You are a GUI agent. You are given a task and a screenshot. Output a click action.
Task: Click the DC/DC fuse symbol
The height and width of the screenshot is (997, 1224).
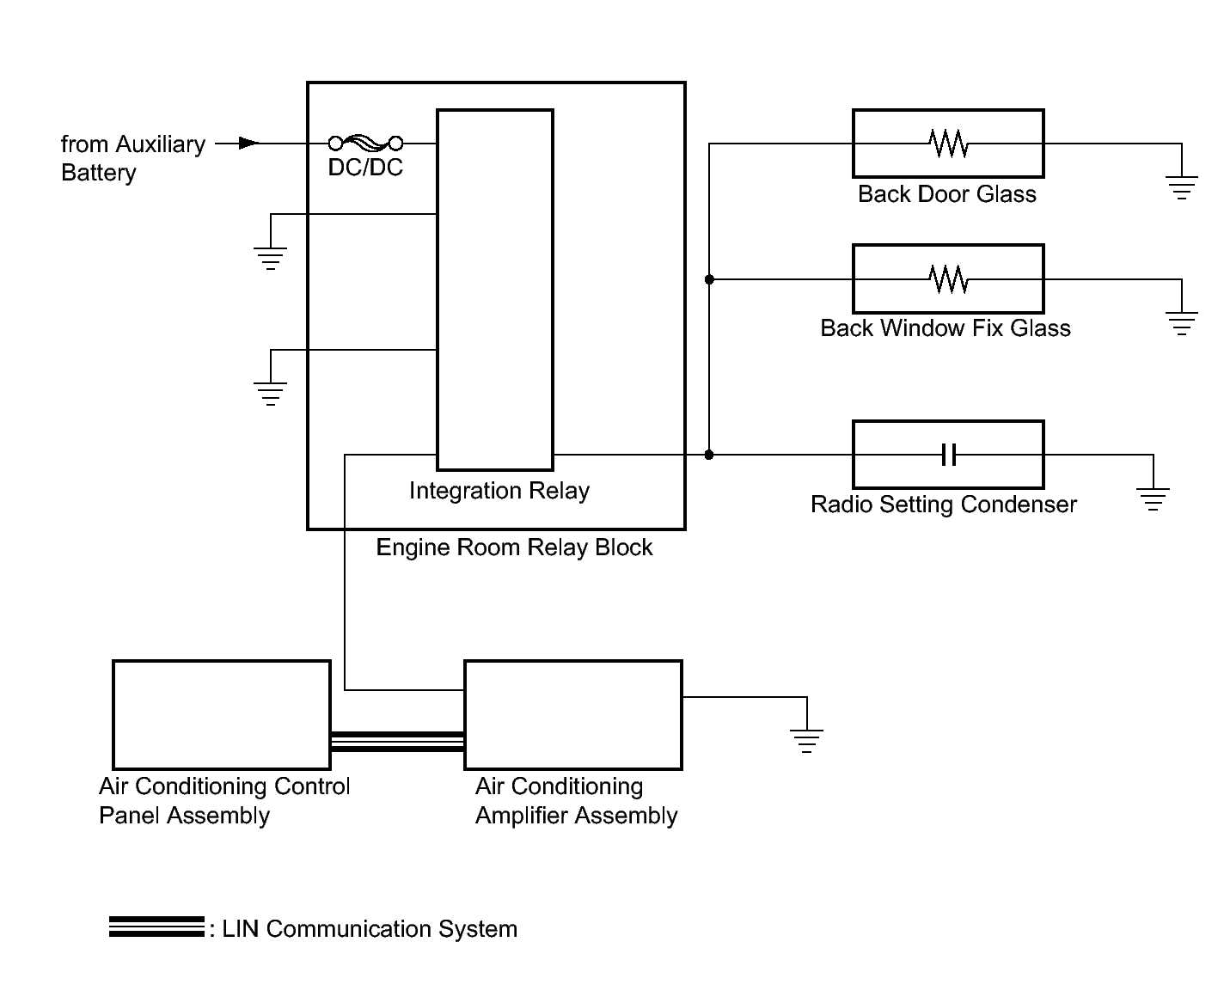tap(365, 144)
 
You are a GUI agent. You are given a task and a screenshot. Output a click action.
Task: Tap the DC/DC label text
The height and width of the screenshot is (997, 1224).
tap(365, 168)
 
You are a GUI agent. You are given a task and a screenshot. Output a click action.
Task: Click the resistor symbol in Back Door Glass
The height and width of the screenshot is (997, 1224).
tap(948, 144)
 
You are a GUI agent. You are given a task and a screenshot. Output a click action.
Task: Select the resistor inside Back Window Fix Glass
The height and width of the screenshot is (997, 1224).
tap(948, 279)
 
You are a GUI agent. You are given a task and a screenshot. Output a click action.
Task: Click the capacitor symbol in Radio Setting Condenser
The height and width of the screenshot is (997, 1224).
tap(948, 455)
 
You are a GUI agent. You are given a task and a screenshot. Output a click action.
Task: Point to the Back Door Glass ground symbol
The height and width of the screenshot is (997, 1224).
tap(1182, 187)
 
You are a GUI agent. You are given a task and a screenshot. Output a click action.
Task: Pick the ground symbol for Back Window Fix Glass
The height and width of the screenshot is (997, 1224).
tap(1182, 323)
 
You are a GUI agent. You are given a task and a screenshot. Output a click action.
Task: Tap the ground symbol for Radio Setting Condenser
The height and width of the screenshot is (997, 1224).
tap(1153, 498)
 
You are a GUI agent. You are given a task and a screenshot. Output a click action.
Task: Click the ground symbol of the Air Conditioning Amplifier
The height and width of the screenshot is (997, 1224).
tap(806, 740)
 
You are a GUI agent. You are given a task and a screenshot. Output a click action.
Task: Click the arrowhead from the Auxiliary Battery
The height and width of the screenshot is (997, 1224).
tap(248, 144)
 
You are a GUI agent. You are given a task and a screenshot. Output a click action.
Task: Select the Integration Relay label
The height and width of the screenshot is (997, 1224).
tap(499, 491)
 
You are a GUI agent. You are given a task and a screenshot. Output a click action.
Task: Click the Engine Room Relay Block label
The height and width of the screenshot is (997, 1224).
tap(514, 547)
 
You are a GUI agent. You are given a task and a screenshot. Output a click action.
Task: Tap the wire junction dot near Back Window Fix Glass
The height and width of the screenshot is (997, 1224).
tap(709, 279)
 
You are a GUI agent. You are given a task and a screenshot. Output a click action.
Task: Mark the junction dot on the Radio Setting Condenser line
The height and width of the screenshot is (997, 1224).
tap(709, 455)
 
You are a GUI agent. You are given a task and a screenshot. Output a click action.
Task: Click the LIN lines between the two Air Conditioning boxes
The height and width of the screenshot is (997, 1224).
tap(397, 742)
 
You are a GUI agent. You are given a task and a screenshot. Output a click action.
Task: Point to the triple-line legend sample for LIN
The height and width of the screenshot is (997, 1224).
tap(156, 927)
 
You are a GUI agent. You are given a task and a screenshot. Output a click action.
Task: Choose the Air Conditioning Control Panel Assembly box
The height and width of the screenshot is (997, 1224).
tap(222, 714)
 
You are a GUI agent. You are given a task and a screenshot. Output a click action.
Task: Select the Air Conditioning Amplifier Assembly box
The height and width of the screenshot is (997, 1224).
tap(573, 714)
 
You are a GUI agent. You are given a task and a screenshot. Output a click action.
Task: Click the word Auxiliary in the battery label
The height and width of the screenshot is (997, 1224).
tap(160, 144)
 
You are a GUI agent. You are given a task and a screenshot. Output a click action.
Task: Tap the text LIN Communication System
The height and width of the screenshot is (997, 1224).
tap(370, 929)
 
